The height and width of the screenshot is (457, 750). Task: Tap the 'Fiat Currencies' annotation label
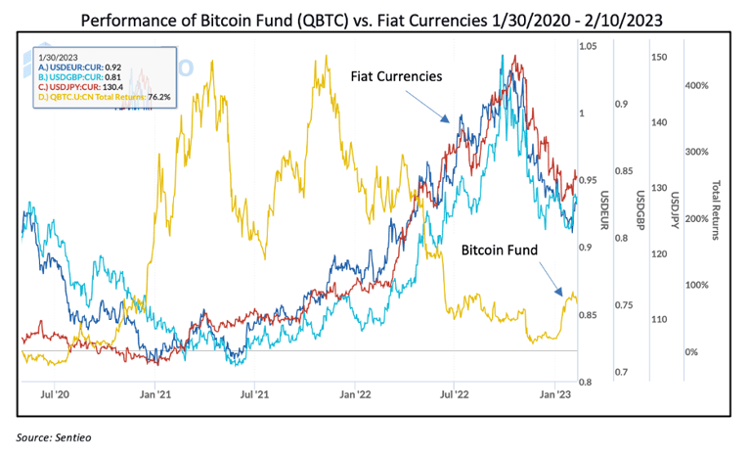click(395, 74)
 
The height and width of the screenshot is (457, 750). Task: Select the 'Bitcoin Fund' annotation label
click(500, 251)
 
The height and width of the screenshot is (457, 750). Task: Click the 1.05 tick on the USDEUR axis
click(588, 47)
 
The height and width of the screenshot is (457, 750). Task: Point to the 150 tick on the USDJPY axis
click(659, 58)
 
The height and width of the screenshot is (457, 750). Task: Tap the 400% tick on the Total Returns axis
click(695, 85)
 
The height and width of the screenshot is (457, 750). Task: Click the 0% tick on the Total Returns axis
click(690, 351)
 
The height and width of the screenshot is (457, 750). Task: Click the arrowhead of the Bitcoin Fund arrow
click(563, 294)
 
